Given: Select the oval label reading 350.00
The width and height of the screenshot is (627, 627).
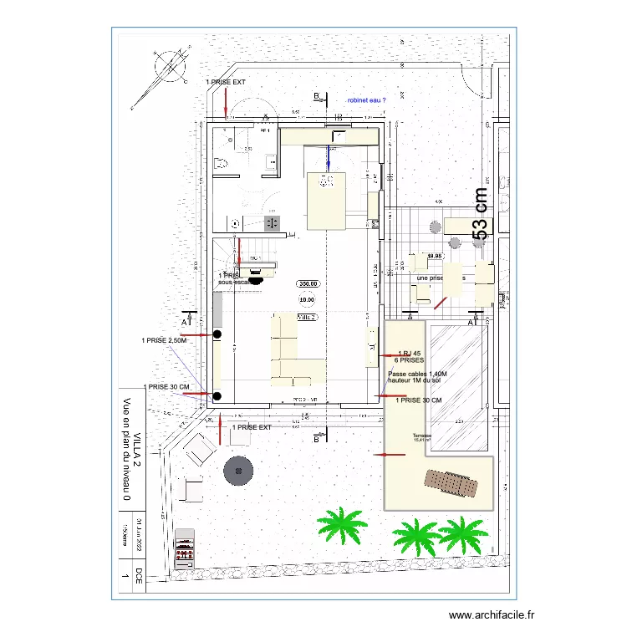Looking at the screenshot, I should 307,284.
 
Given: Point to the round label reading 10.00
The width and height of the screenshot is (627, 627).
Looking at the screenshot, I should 307,298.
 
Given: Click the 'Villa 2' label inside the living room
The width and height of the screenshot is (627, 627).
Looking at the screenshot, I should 308,318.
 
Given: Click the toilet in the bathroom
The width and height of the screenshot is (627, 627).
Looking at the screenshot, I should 222,164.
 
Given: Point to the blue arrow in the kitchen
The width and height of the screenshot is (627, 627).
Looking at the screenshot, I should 329,155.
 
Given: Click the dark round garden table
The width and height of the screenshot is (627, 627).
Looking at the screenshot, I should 238,471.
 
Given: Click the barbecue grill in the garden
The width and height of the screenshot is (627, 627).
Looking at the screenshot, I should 185,548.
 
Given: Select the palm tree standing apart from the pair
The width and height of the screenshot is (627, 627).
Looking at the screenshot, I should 342,524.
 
